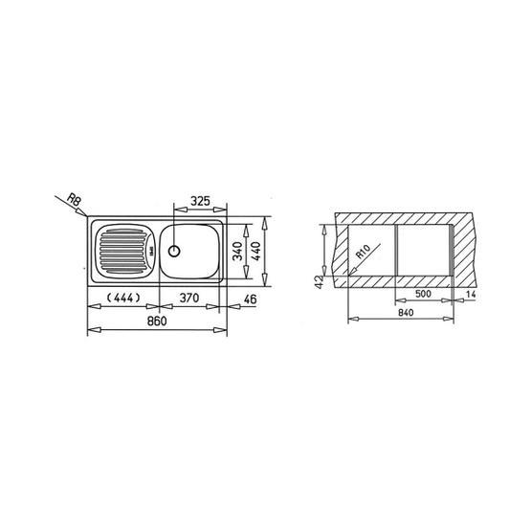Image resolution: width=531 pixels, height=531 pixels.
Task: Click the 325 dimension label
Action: (200, 201)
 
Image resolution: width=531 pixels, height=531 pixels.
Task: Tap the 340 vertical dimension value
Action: (238, 251)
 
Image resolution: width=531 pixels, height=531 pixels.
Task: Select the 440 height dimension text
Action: (256, 251)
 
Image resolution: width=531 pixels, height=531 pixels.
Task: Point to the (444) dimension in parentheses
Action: (122, 298)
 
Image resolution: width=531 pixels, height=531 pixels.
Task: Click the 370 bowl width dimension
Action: (189, 298)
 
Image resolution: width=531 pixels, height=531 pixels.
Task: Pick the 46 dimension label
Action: (251, 299)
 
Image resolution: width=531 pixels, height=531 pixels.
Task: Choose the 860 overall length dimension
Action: (157, 321)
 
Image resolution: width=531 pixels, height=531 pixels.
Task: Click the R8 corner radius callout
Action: (75, 199)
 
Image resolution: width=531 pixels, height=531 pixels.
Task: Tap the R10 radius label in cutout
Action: (365, 252)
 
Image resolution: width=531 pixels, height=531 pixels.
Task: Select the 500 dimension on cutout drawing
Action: (423, 294)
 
